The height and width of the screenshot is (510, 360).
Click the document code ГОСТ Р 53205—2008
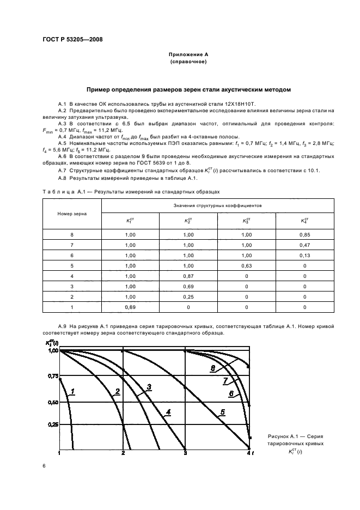[72, 39]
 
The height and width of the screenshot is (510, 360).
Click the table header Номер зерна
[72, 213]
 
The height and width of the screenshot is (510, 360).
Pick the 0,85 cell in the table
[304, 235]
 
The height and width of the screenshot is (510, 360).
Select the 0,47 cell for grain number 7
[304, 245]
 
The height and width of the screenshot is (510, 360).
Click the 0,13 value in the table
[304, 256]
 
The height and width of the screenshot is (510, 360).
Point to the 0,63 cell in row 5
[246, 266]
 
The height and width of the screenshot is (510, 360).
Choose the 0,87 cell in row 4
[188, 276]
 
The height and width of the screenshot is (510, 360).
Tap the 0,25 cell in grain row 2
[188, 297]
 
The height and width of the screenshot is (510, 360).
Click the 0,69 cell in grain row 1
[130, 307]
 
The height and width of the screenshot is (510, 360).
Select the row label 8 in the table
[72, 235]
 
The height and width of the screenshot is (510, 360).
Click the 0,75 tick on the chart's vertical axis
[52, 377]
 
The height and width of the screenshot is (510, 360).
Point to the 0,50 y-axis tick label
[52, 402]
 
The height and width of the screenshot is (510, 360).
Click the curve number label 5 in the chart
[223, 412]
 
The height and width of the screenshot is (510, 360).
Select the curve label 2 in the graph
[117, 392]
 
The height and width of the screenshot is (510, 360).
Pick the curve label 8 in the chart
[213, 368]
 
